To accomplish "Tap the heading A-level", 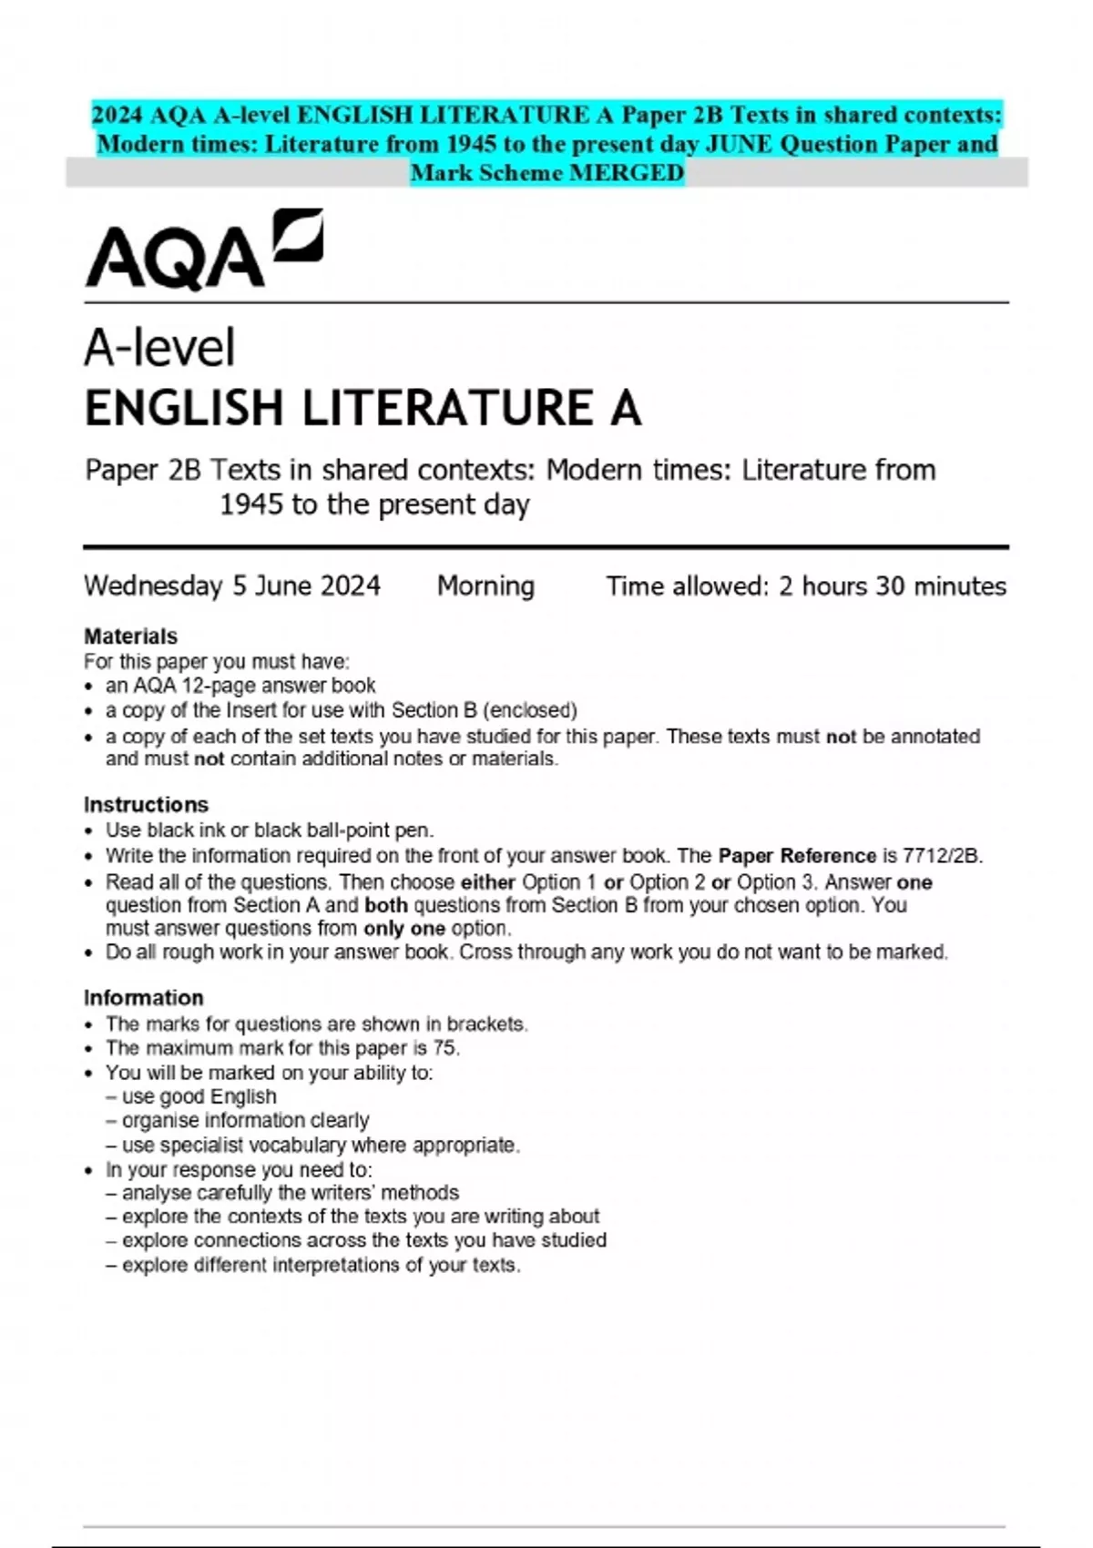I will (x=159, y=348).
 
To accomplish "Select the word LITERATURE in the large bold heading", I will (x=446, y=408).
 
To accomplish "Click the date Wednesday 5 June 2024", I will (x=232, y=586).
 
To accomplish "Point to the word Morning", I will (x=485, y=586).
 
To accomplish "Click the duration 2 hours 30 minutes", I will (x=892, y=586).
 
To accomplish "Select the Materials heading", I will (x=130, y=636).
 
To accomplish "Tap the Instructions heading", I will (x=146, y=804).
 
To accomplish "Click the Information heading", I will (x=143, y=997).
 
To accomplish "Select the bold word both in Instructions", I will (x=386, y=905).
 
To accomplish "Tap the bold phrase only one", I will (x=403, y=929).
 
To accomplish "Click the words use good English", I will (x=199, y=1096).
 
